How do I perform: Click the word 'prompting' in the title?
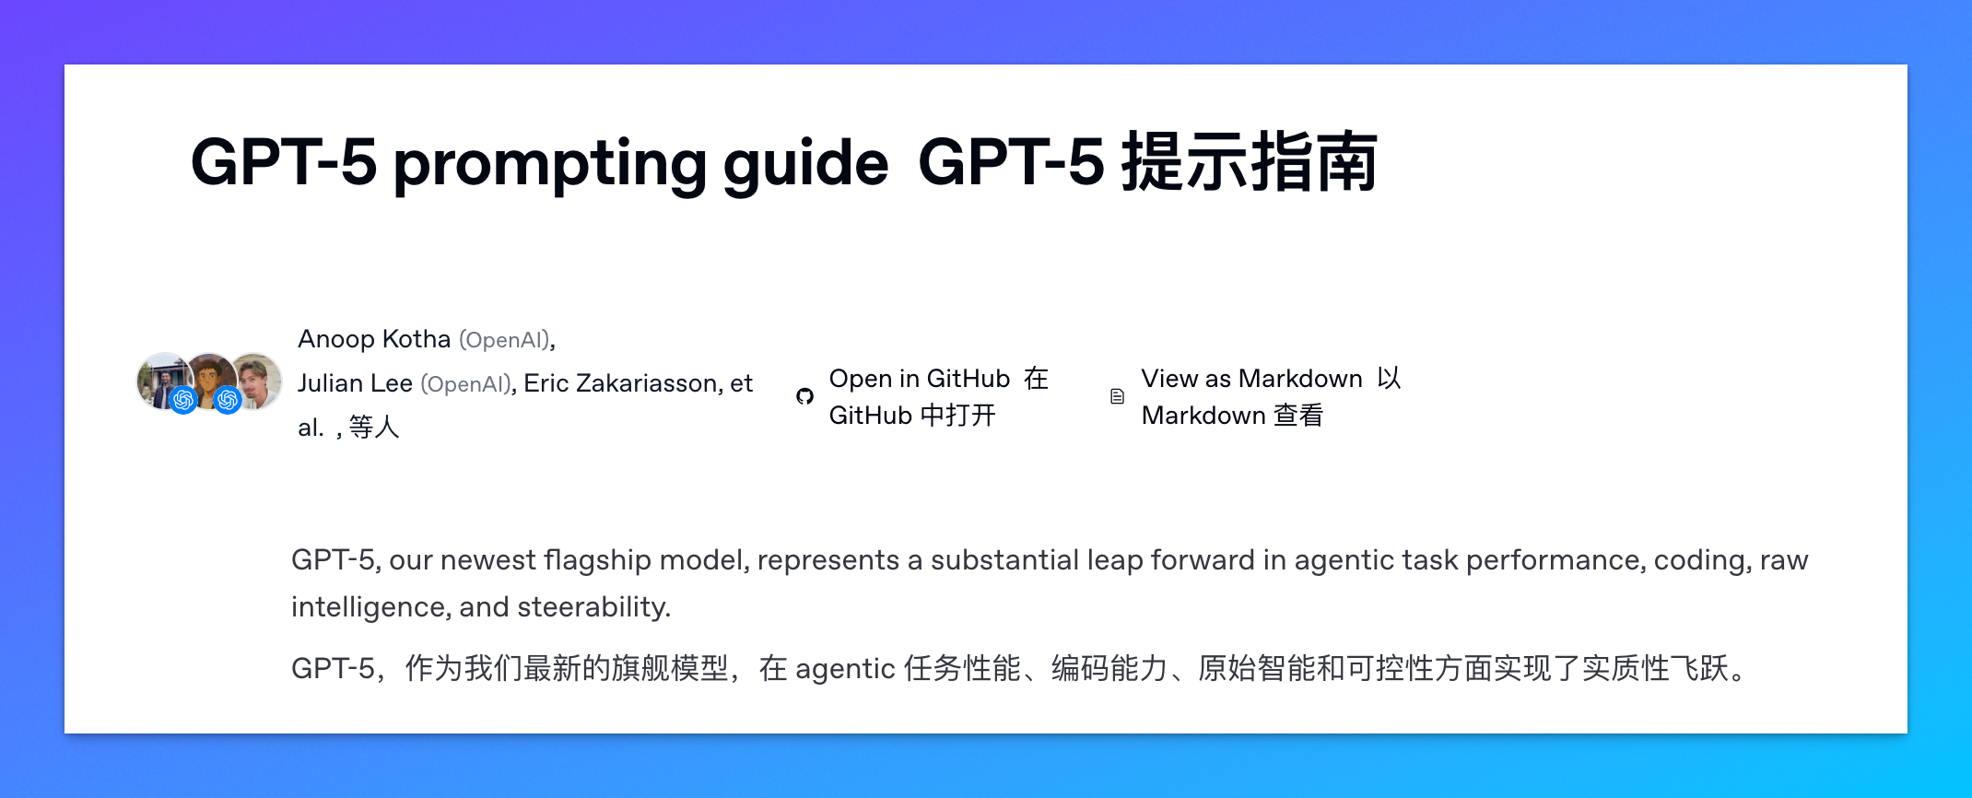pos(548,164)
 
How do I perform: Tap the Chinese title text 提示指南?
pos(1249,162)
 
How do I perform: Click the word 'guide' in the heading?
pos(805,164)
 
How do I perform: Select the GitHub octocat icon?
pos(804,396)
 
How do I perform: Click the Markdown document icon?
pos(1117,396)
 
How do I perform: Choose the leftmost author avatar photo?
pos(162,378)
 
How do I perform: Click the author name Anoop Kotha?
pos(373,339)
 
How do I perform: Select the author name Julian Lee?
pos(355,383)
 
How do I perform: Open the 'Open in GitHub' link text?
pos(919,379)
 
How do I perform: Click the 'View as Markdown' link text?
pos(1250,379)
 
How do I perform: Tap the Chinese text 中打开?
pos(958,416)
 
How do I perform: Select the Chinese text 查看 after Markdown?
pos(1297,416)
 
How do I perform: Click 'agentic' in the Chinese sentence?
pos(845,669)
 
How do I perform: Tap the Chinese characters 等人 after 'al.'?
pos(374,428)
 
